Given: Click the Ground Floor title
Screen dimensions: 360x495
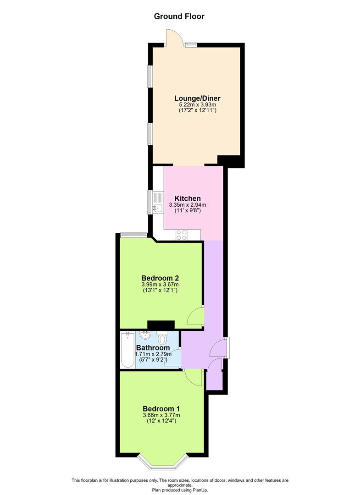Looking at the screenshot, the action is coord(179,16).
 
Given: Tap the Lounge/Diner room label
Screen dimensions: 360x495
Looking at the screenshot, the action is coord(197,98).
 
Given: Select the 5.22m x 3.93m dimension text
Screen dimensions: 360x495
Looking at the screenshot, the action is coord(197,104).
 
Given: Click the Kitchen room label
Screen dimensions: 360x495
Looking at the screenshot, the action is coord(188,198).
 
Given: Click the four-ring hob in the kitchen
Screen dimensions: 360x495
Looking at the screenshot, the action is coord(182,235).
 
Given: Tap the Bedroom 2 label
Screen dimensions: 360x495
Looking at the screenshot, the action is coord(160,278).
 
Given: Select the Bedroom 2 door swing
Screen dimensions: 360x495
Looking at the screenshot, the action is coord(195,315).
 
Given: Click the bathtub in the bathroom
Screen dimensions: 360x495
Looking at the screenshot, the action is coord(127,350).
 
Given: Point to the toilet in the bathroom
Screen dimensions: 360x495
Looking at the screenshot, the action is coord(162,337).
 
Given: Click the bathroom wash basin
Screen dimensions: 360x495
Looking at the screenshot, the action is coord(145,335).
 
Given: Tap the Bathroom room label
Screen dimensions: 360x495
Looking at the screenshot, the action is coord(153,347).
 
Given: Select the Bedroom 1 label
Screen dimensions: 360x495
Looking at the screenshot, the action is coord(161,409).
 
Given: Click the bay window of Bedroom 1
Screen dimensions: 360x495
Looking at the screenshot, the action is coord(163,462).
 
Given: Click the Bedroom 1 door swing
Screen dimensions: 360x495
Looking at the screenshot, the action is coord(193,377).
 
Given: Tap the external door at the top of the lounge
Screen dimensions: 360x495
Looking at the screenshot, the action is coord(174,38).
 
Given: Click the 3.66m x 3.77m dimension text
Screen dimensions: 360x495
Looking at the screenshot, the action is coord(161,415).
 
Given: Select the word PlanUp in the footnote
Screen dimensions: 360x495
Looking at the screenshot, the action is coord(200,490).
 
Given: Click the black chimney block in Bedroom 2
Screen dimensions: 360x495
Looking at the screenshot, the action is coord(161,325).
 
